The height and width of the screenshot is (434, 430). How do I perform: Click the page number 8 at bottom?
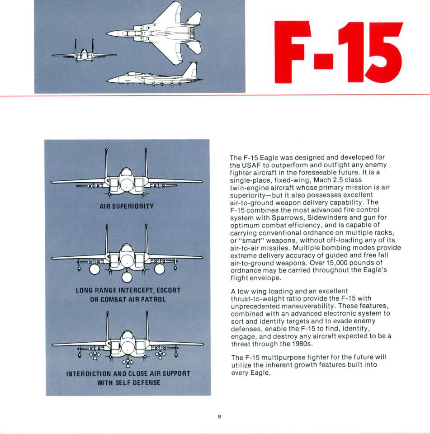[219, 416]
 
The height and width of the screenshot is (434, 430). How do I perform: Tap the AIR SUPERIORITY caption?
[127, 206]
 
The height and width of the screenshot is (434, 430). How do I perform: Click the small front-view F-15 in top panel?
[84, 55]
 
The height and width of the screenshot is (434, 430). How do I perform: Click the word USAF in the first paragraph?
[250, 165]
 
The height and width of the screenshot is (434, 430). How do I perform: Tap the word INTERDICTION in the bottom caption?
[87, 374]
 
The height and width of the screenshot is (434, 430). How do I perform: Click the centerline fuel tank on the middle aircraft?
[127, 275]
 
